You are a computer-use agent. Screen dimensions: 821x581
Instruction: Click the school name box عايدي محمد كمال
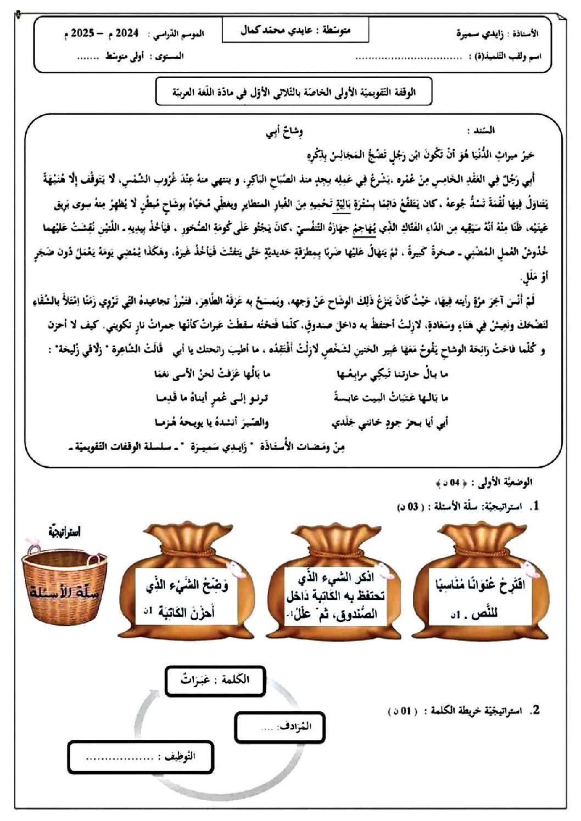pyautogui.click(x=295, y=31)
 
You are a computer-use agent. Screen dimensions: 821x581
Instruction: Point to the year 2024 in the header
pyautogui.click(x=127, y=33)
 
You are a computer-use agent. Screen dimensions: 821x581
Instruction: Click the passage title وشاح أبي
pyautogui.click(x=284, y=131)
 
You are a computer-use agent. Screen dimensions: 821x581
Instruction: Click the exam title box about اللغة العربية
pyautogui.click(x=294, y=92)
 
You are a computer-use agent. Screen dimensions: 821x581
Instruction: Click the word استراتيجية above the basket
pyautogui.click(x=65, y=531)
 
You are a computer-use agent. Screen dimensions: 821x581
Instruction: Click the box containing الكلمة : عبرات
pyautogui.click(x=215, y=680)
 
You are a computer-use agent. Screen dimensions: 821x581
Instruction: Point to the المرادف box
pyautogui.click(x=280, y=727)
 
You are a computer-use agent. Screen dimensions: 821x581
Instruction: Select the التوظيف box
pyautogui.click(x=141, y=757)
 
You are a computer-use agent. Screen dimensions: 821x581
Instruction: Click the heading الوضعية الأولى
pyautogui.click(x=505, y=483)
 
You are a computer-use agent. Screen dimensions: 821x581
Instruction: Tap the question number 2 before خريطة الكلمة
pyautogui.click(x=535, y=710)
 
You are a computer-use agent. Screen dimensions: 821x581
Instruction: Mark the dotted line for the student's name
pyautogui.click(x=409, y=57)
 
